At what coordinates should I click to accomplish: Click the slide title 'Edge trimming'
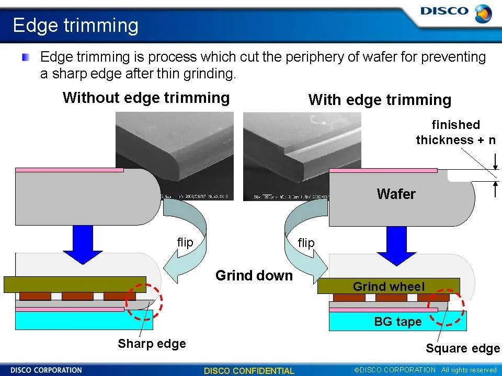[x=75, y=25]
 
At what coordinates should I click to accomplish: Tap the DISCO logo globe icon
[x=483, y=13]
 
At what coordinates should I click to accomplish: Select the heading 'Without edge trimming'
[x=146, y=98]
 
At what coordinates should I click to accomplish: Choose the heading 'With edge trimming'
[x=380, y=100]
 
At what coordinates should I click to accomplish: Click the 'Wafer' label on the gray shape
[x=396, y=194]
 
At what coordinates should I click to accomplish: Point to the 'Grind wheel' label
[x=389, y=286]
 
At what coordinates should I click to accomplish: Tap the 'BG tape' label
[x=397, y=322]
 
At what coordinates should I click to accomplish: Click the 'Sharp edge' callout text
[x=152, y=343]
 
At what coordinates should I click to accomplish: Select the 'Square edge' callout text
[x=462, y=348]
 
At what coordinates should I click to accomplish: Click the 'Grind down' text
[x=254, y=275]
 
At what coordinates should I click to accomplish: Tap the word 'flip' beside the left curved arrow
[x=185, y=242]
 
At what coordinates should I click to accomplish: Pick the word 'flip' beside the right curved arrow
[x=306, y=243]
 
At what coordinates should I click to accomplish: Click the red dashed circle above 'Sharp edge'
[x=145, y=302]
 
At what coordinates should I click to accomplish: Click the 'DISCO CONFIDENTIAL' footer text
[x=249, y=371]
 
